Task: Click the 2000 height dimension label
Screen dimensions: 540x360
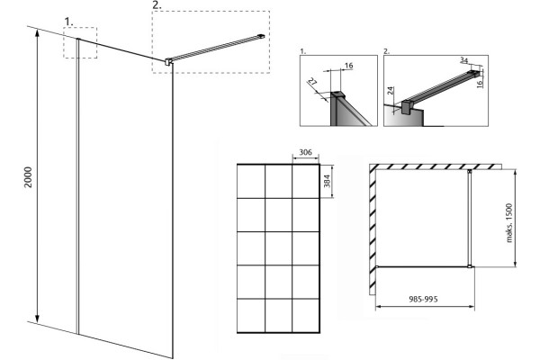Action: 28,177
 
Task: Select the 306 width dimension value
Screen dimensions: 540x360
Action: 305,152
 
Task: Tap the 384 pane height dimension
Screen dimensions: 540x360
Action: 327,181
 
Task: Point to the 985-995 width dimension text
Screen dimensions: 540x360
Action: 423,299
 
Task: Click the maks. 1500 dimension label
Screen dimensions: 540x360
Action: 509,223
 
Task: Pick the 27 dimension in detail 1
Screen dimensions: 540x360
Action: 312,83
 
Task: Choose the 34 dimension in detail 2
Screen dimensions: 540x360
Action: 463,60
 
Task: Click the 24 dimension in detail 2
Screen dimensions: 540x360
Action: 391,91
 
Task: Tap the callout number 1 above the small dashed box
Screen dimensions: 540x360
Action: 69,22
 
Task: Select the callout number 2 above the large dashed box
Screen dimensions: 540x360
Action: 157,5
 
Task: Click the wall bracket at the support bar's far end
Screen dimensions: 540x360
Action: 262,35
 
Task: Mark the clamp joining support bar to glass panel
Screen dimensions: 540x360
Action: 168,62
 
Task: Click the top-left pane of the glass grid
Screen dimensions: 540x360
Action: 251,181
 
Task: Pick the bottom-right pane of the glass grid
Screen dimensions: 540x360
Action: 305,315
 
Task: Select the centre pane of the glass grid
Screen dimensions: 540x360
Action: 278,248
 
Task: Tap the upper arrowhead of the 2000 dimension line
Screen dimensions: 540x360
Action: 37,32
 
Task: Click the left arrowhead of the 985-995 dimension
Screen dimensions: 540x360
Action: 379,306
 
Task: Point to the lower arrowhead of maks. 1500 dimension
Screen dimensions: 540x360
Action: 515,263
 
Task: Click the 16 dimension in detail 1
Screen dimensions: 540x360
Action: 348,66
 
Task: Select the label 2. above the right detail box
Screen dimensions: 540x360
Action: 386,51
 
